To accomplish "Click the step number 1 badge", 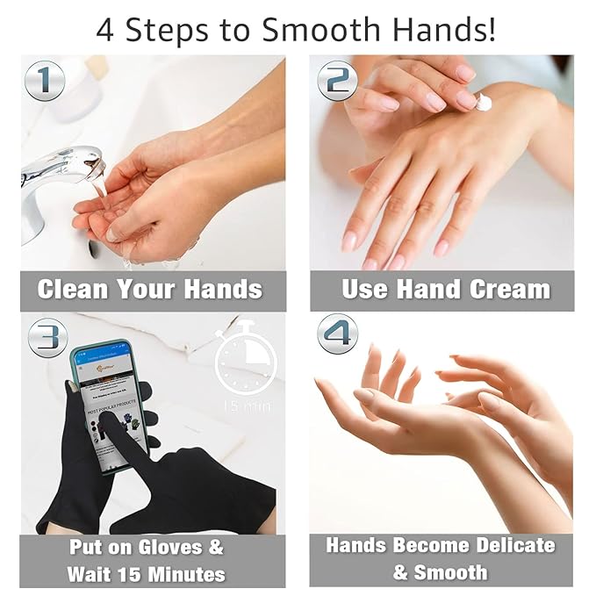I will [45, 81].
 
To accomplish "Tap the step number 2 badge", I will [338, 81].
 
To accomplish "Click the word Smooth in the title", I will [318, 30].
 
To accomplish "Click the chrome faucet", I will [57, 176].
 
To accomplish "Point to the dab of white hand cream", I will [483, 102].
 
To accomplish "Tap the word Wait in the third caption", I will [89, 574].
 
